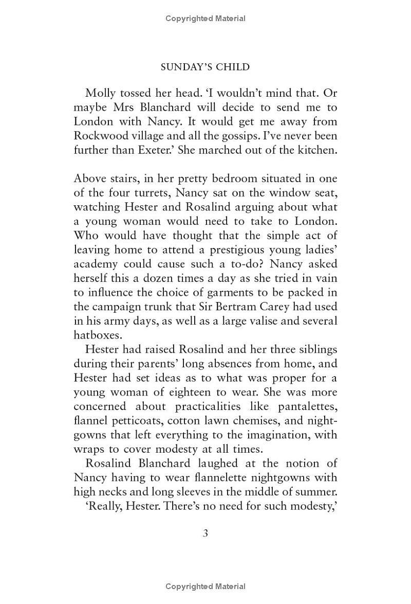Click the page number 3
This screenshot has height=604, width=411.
pos(206,533)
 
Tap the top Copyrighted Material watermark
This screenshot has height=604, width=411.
pos(206,19)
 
